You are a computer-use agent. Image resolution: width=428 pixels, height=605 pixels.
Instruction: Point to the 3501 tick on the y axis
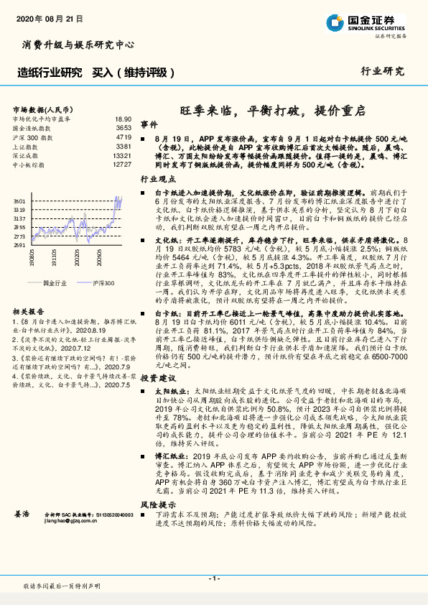pos(21,202)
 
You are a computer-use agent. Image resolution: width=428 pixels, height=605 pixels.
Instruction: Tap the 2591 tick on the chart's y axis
pos(21,246)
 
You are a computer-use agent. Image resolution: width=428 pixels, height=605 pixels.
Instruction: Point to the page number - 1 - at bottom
pos(213,578)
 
